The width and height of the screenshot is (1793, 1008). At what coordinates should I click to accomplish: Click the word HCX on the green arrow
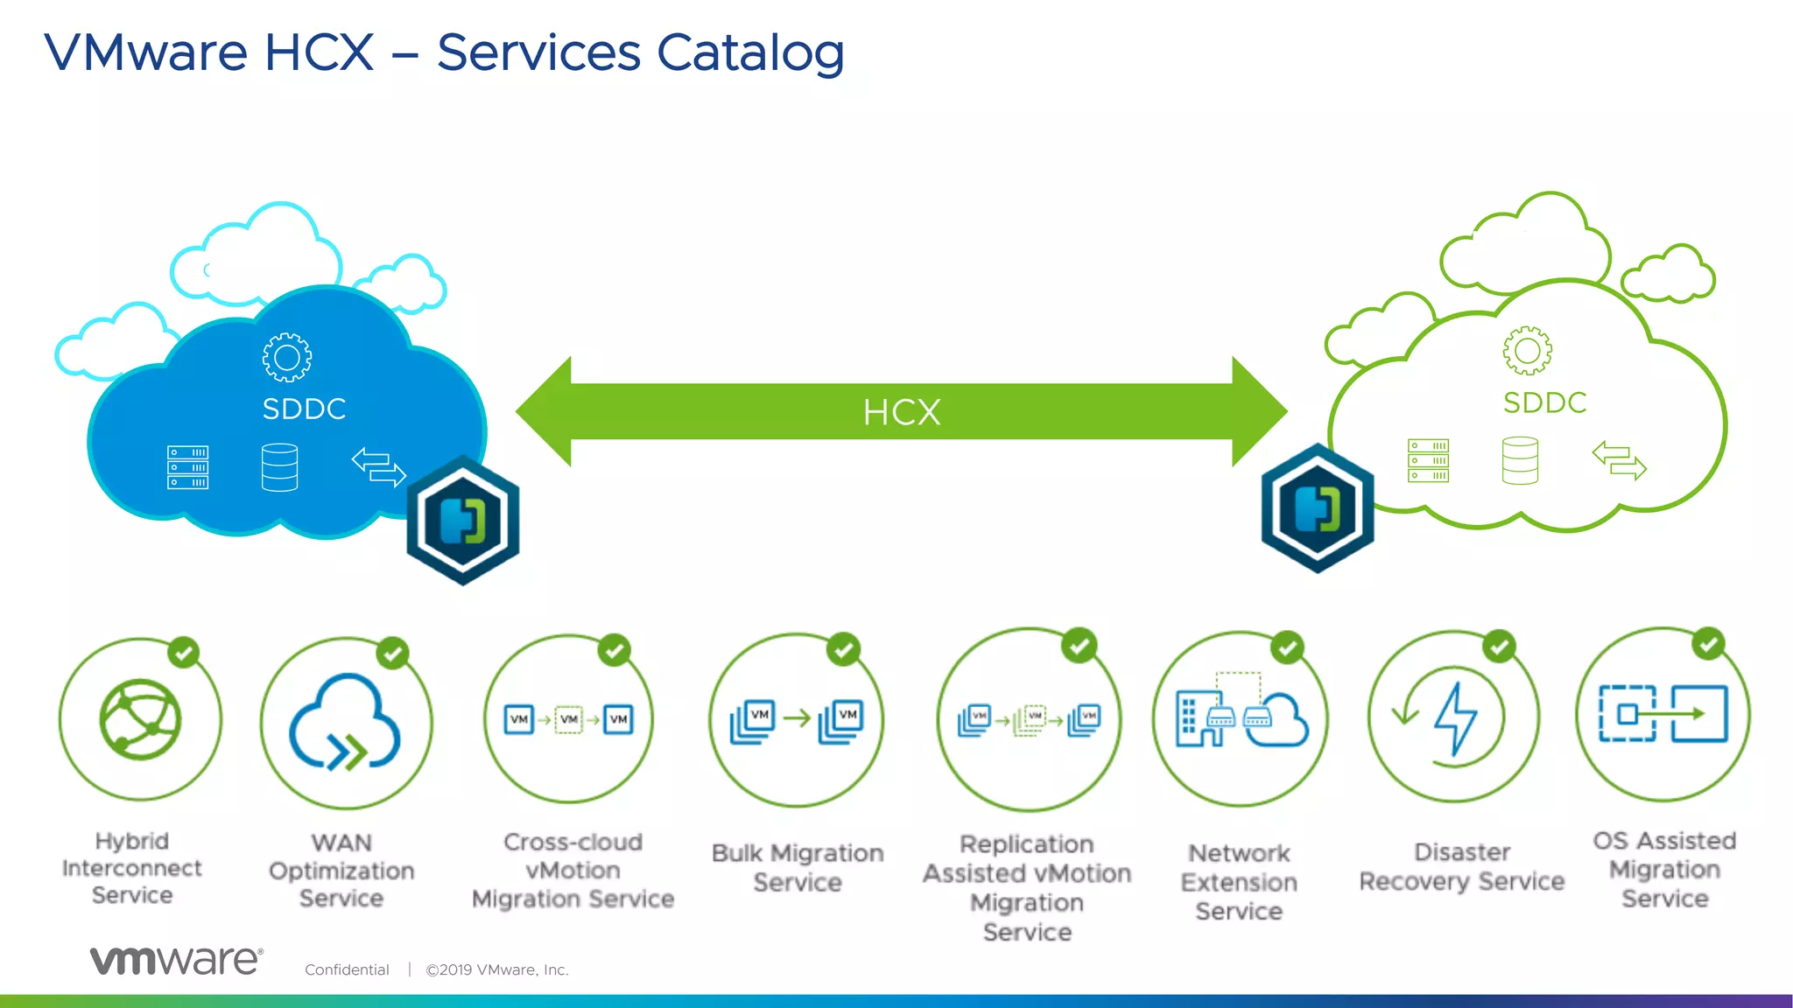[x=902, y=412]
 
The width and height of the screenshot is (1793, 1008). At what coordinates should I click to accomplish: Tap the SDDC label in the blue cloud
[x=304, y=409]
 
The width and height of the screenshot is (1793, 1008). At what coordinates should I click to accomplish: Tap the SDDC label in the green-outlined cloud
[x=1544, y=402]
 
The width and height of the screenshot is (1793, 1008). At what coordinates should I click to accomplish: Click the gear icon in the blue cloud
[x=286, y=357]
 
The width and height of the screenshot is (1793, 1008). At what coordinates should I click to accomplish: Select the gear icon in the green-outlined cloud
[x=1527, y=351]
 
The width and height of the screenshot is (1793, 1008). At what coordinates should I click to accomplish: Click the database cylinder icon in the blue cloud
[x=279, y=467]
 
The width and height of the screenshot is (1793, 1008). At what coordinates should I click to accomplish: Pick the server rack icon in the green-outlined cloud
[x=1428, y=460]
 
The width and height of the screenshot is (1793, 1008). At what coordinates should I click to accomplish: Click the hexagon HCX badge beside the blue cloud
[x=463, y=520]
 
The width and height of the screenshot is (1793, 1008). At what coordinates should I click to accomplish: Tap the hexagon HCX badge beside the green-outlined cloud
[x=1317, y=508]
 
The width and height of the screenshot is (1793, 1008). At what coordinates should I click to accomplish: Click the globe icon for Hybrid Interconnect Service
[x=140, y=719]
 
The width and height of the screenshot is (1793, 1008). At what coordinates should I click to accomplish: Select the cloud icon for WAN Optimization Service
[x=345, y=723]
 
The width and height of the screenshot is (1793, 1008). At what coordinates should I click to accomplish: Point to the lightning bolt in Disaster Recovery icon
[x=1455, y=717]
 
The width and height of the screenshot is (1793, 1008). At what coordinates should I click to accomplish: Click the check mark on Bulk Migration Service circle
[x=844, y=649]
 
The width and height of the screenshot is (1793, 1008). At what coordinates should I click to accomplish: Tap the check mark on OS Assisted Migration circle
[x=1708, y=644]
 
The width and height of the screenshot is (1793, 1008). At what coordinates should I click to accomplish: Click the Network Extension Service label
[x=1239, y=882]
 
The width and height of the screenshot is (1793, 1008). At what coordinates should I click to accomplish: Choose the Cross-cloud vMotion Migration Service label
[x=573, y=871]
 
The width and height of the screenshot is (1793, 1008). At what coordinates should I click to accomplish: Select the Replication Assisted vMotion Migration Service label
[x=1027, y=887]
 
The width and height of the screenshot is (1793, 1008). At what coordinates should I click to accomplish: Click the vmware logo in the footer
[x=176, y=961]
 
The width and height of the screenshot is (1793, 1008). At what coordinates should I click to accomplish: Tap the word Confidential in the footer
[x=347, y=969]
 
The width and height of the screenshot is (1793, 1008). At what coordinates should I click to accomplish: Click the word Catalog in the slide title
[x=750, y=52]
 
